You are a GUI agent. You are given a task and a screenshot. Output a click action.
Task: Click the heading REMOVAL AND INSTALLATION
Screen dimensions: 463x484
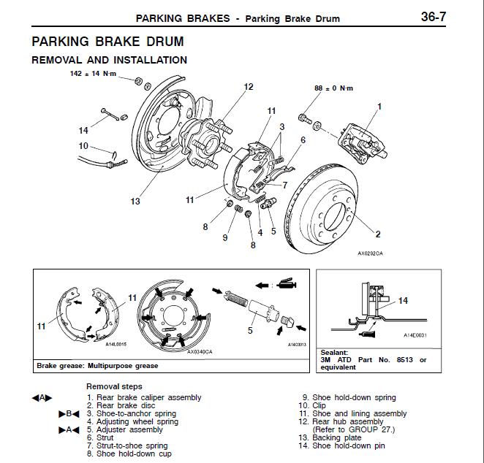pyautogui.click(x=109, y=60)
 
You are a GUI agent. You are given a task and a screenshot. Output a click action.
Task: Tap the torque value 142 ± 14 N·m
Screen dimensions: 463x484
pyautogui.click(x=93, y=74)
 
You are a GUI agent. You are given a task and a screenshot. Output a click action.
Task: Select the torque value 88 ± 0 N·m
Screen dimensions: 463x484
pyautogui.click(x=333, y=88)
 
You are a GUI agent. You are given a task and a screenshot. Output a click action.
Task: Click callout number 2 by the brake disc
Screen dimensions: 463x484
pyautogui.click(x=378, y=234)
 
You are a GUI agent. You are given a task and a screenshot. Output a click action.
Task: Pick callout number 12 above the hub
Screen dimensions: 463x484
pyautogui.click(x=248, y=87)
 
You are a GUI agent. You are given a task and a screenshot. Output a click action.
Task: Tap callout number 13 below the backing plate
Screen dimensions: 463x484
pyautogui.click(x=135, y=201)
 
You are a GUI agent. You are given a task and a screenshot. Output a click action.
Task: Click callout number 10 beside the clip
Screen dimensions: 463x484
pyautogui.click(x=83, y=146)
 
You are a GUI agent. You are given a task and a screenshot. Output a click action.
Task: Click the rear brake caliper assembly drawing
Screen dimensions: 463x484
pyautogui.click(x=360, y=142)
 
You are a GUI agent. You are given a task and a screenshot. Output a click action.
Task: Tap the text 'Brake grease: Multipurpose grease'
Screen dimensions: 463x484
pyautogui.click(x=97, y=365)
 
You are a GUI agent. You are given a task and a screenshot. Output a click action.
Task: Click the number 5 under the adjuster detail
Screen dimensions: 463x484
pyautogui.click(x=249, y=329)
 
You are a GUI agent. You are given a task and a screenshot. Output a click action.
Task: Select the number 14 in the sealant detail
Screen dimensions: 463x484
pyautogui.click(x=403, y=300)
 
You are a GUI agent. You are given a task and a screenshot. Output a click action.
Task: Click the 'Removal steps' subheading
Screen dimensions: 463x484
pyautogui.click(x=114, y=386)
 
